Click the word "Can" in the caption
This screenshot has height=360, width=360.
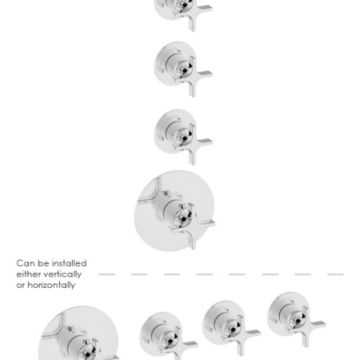[x=26, y=263]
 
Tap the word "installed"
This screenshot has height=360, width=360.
[x=69, y=263]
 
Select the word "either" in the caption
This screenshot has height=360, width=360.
[x=28, y=274]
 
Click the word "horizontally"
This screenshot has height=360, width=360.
[x=51, y=286]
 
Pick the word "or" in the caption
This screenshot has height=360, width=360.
[x=21, y=286]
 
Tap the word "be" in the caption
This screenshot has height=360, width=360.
[x=43, y=263]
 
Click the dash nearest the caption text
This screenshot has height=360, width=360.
[x=106, y=274]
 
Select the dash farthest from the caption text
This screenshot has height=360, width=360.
[x=335, y=274]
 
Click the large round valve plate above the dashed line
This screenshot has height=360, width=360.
[x=174, y=210]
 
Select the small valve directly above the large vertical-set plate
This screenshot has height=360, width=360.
[x=183, y=136]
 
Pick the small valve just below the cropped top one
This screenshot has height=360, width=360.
[x=183, y=69]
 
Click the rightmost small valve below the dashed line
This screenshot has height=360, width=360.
[x=296, y=318]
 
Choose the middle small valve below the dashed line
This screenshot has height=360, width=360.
[x=231, y=327]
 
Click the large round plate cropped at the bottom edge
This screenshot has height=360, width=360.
[x=78, y=334]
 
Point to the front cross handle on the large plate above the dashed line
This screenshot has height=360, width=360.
[x=194, y=229]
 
